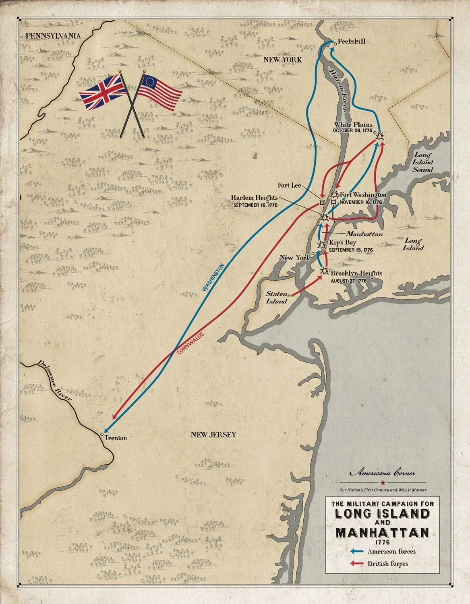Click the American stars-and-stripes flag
pyautogui.click(x=159, y=91)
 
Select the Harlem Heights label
pyautogui.click(x=254, y=198)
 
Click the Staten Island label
pyautogui.click(x=276, y=298)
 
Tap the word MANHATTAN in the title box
pyautogui.click(x=381, y=533)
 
